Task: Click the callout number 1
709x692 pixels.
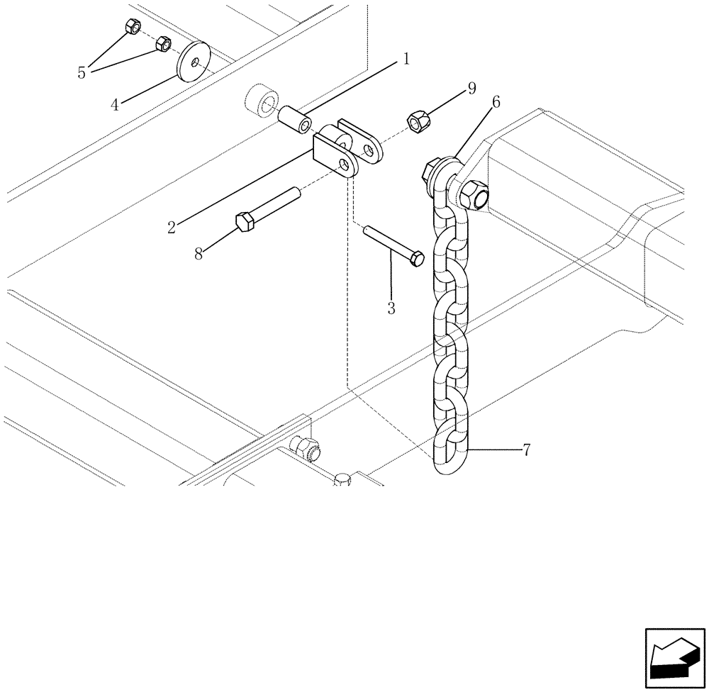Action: pos(406,60)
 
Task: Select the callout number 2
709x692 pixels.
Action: pos(172,228)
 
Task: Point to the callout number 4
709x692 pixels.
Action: pos(114,105)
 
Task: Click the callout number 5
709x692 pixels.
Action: pos(82,72)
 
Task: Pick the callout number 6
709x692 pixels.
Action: pos(495,103)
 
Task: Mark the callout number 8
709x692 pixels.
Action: pos(199,254)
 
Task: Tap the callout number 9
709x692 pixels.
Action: pos(471,89)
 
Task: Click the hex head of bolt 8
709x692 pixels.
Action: pos(245,223)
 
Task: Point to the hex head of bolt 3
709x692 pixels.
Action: pos(418,258)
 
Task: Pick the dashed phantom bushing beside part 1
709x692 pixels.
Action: pos(262,101)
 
